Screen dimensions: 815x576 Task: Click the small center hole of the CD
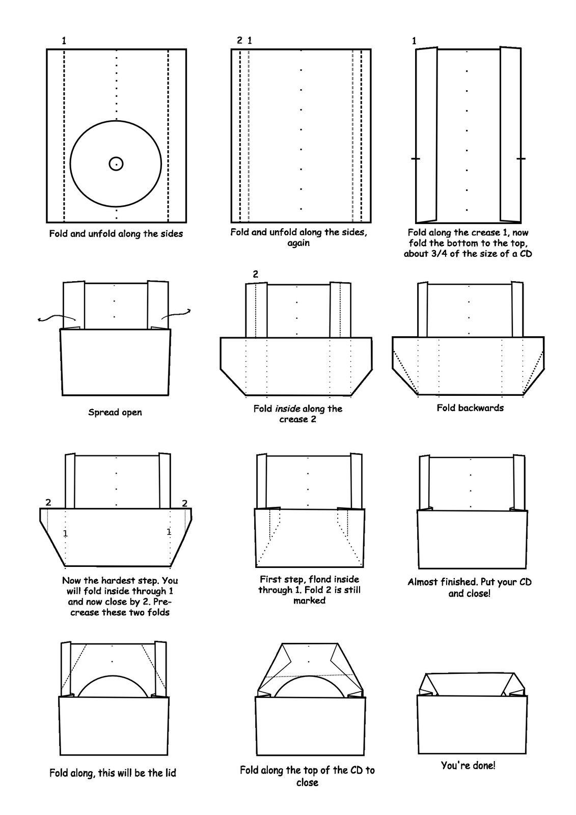click(x=116, y=164)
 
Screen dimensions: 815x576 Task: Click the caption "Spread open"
click(x=115, y=412)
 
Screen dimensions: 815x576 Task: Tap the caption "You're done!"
click(x=468, y=765)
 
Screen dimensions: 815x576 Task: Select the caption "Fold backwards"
click(x=470, y=407)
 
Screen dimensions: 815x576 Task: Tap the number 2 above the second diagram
click(x=239, y=41)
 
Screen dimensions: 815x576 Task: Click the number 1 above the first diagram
click(x=64, y=41)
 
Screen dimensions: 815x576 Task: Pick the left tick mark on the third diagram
click(x=416, y=159)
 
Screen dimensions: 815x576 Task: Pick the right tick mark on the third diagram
click(x=520, y=159)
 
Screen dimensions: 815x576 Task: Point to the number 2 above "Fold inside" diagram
click(x=256, y=274)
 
